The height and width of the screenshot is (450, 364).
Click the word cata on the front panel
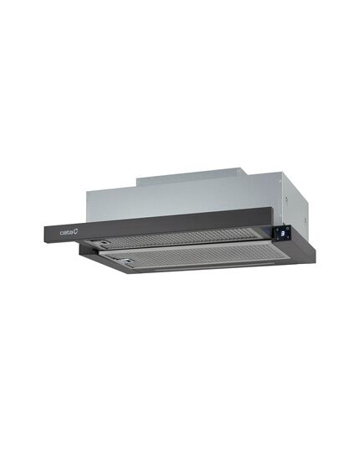pos(65,232)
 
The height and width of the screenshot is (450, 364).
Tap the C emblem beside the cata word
pos(74,231)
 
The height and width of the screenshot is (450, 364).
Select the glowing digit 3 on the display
pos(282,233)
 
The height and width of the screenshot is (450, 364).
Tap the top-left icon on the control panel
pos(279,230)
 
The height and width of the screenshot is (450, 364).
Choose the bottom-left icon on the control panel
pos(278,238)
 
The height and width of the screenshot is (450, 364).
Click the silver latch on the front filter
pos(126,261)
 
